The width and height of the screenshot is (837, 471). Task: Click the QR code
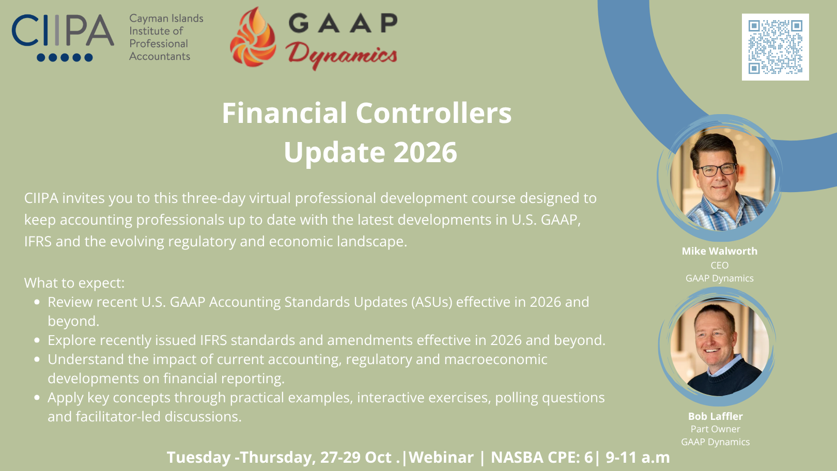pyautogui.click(x=776, y=47)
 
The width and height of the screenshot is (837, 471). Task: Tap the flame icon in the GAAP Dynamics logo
pyautogui.click(x=253, y=37)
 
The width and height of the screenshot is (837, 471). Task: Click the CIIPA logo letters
pyautogui.click(x=63, y=30)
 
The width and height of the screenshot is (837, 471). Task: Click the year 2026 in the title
pyautogui.click(x=425, y=152)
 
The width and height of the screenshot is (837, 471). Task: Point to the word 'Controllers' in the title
pyautogui.click(x=433, y=113)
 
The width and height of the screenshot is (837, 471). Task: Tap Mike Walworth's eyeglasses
pyautogui.click(x=717, y=170)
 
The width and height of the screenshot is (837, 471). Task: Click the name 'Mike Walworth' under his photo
pyautogui.click(x=720, y=251)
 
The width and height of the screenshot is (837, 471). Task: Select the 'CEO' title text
pyautogui.click(x=720, y=265)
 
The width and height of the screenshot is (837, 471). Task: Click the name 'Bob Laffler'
pyautogui.click(x=716, y=416)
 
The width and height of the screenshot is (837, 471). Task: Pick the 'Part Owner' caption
pyautogui.click(x=715, y=429)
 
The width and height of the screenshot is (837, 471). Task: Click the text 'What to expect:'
pyautogui.click(x=74, y=282)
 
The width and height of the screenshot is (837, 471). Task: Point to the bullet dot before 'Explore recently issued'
pyautogui.click(x=37, y=340)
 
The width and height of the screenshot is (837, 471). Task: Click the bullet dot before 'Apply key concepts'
pyautogui.click(x=37, y=398)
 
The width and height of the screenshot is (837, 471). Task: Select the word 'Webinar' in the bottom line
pyautogui.click(x=441, y=458)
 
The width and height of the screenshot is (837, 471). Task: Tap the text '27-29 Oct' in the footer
pyautogui.click(x=355, y=458)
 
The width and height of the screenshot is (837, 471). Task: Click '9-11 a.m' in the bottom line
pyautogui.click(x=638, y=458)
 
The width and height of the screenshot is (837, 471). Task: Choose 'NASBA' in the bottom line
pyautogui.click(x=517, y=458)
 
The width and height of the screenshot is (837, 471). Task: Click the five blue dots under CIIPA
pyautogui.click(x=65, y=57)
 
